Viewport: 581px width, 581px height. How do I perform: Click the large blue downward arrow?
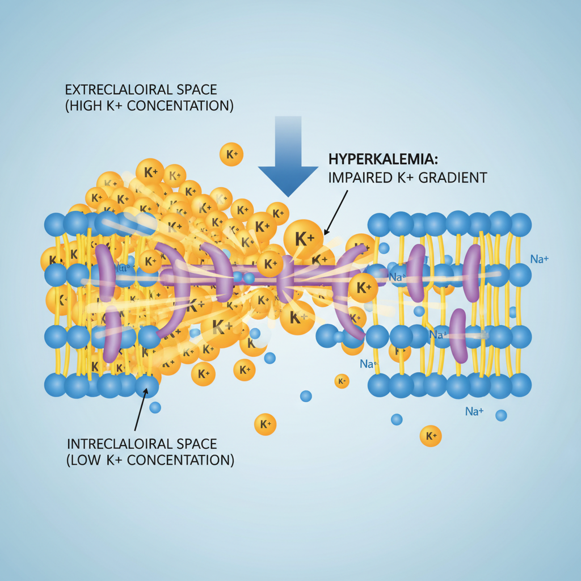click(x=288, y=162)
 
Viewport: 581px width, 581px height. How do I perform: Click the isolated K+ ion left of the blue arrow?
click(x=231, y=154)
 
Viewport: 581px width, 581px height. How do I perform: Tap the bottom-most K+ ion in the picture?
click(x=431, y=436)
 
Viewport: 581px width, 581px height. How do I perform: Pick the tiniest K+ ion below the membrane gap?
click(x=342, y=381)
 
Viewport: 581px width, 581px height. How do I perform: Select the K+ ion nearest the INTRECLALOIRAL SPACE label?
click(x=265, y=424)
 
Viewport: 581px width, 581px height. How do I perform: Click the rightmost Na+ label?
click(x=539, y=259)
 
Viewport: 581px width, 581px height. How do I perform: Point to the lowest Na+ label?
click(x=474, y=411)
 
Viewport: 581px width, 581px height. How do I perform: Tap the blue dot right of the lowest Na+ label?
click(x=501, y=415)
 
